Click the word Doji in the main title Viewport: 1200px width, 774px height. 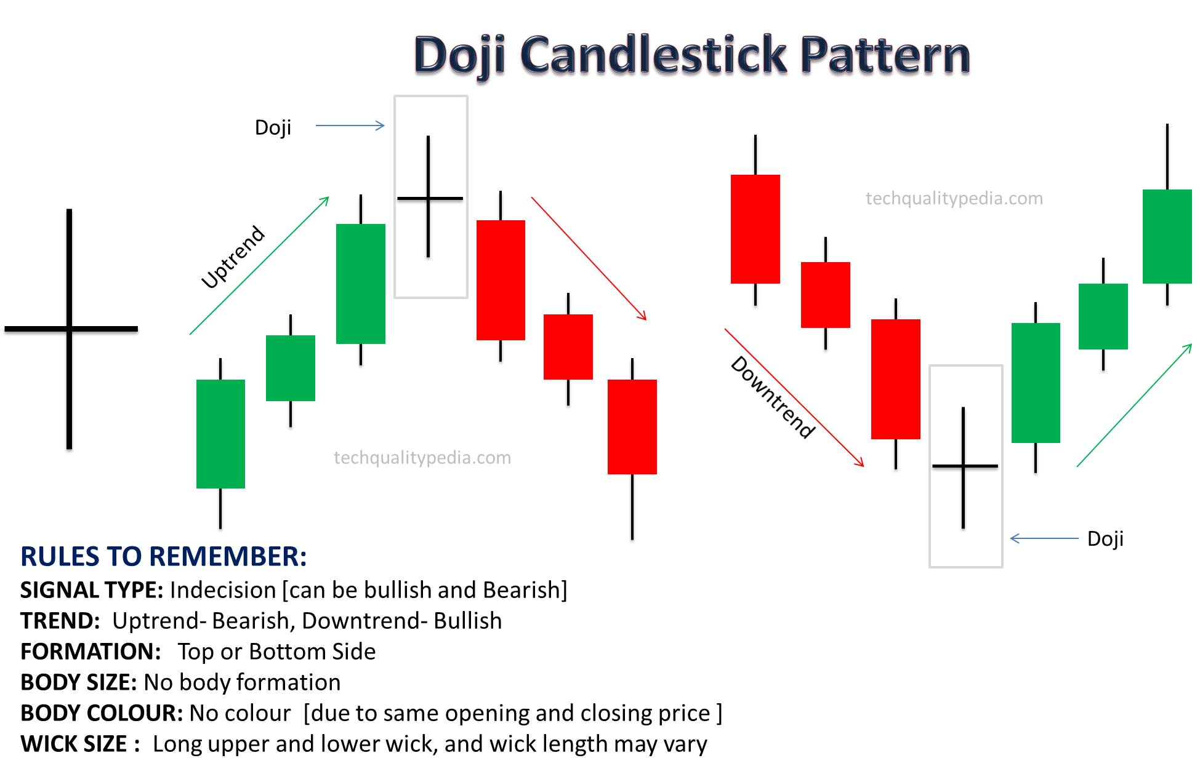460,55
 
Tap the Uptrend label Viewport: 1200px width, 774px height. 233,257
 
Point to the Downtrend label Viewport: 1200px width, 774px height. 773,397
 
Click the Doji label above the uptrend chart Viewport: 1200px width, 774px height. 273,127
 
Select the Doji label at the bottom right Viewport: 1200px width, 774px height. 1105,538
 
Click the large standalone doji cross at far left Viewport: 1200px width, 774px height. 70,329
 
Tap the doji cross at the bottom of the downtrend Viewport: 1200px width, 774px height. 964,466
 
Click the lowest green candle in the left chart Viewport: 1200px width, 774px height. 220,434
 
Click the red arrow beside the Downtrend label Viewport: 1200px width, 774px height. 794,397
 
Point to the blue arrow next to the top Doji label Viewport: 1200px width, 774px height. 350,126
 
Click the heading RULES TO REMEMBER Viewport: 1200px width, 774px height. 163,556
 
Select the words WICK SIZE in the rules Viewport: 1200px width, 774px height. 74,744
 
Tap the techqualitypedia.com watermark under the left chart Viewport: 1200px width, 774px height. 422,458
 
